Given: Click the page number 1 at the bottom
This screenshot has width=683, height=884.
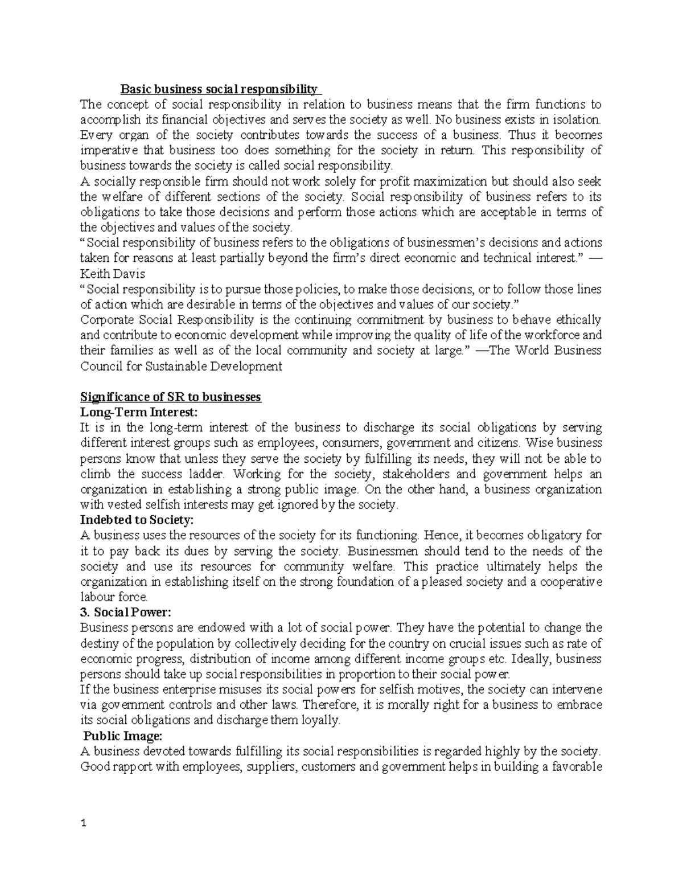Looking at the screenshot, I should (83, 840).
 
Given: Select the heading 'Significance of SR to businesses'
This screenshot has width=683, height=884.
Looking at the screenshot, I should (171, 397).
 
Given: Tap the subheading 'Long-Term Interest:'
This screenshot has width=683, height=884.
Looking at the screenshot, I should (141, 412).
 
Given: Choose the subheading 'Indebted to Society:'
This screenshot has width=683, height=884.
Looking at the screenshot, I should (137, 520).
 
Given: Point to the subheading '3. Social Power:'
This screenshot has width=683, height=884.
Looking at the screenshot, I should (125, 612).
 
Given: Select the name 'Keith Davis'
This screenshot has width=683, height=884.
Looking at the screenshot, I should (113, 273).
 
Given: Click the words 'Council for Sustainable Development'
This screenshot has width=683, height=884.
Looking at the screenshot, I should (181, 366).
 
